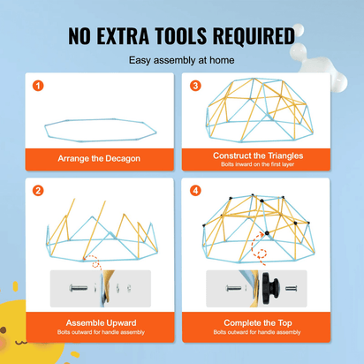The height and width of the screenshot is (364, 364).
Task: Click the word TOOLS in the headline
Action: pyautogui.click(x=181, y=36)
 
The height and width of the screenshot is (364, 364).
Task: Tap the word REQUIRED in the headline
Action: pyautogui.click(x=254, y=36)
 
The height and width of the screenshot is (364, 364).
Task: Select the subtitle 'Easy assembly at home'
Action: pyautogui.click(x=182, y=60)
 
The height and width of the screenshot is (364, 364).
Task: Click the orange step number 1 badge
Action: pyautogui.click(x=38, y=86)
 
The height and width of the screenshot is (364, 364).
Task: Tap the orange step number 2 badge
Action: pyautogui.click(x=38, y=191)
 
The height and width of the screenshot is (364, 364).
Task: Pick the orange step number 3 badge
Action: pyautogui.click(x=195, y=86)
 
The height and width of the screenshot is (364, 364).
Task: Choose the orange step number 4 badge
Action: pyautogui.click(x=195, y=191)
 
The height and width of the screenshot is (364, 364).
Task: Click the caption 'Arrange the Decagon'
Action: pyautogui.click(x=99, y=158)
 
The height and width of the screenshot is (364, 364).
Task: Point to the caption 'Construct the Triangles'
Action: pyautogui.click(x=258, y=155)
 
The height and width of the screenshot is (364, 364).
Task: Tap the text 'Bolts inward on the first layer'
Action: pyautogui.click(x=258, y=164)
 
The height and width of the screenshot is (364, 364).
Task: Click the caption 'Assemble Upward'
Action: pyautogui.click(x=101, y=322)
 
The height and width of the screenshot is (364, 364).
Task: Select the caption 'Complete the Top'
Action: pyautogui.click(x=258, y=322)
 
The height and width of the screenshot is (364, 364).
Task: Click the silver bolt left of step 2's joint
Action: pyautogui.click(x=79, y=288)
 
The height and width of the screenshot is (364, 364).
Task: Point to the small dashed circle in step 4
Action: pyautogui.click(x=262, y=254)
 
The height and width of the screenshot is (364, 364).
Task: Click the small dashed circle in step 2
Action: pyautogui.click(x=95, y=264)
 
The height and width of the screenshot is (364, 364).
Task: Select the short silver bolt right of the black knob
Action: pyautogui.click(x=292, y=288)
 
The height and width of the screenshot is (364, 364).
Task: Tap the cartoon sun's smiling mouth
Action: pyautogui.click(x=21, y=343)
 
